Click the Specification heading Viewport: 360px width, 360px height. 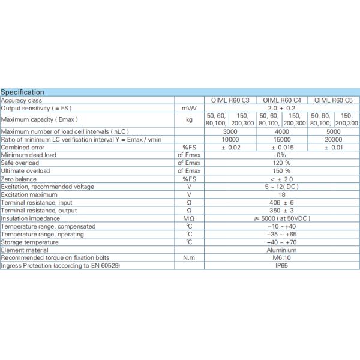click(x=23, y=92)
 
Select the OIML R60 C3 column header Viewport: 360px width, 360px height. click(x=231, y=100)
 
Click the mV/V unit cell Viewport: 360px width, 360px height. click(x=190, y=108)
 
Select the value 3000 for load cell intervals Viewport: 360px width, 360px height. click(x=231, y=131)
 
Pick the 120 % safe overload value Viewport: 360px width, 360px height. click(x=281, y=163)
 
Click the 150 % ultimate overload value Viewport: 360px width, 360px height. click(x=281, y=170)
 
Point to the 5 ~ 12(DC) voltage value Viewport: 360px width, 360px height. click(x=281, y=187)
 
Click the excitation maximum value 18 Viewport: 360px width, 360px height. click(x=281, y=194)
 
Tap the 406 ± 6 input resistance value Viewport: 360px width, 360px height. click(x=281, y=202)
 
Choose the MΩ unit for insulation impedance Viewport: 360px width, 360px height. click(x=190, y=218)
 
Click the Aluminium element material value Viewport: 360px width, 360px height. click(x=281, y=250)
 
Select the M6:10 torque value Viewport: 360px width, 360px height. click(x=281, y=257)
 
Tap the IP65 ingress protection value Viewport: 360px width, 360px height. click(x=281, y=265)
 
